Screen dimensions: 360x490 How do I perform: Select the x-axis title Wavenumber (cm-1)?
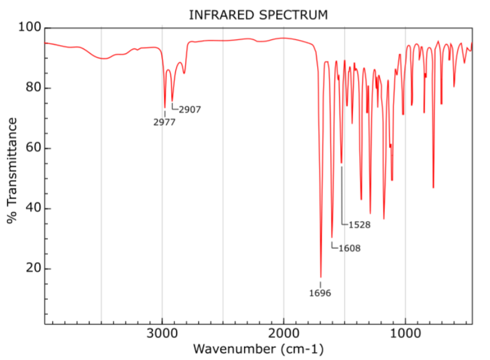point(258,348)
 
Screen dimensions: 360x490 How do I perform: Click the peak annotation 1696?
point(320,292)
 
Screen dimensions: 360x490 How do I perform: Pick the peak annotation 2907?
point(190,109)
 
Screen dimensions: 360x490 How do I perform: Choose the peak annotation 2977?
point(164,122)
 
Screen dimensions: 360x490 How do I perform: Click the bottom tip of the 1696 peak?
point(321,277)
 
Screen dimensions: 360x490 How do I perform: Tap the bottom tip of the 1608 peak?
point(331,237)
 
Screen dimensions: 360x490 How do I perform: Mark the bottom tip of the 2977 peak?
point(165,108)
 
